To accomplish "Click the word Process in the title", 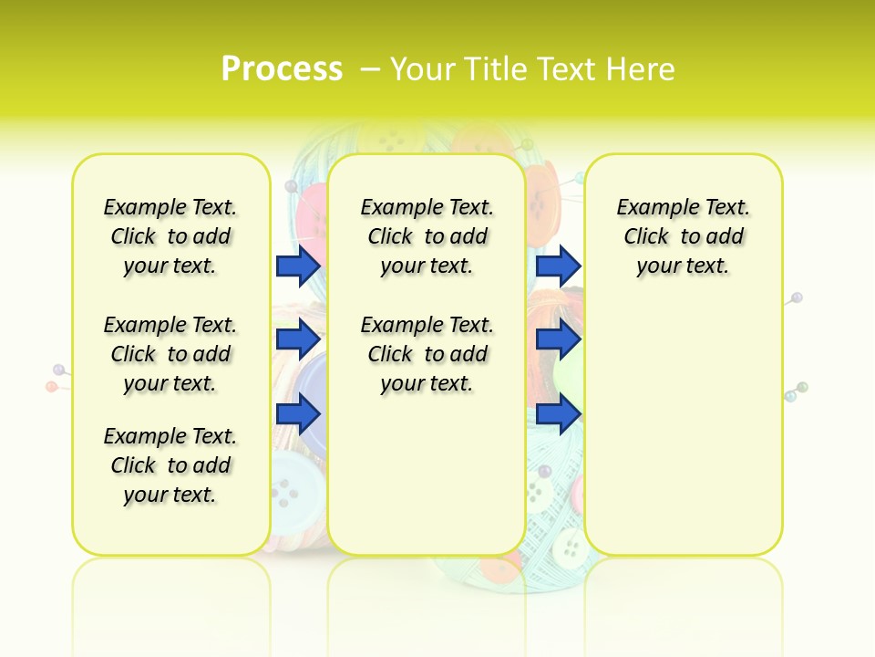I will click(x=282, y=68).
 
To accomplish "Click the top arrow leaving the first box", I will click(x=298, y=266).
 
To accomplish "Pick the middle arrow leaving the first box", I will click(x=298, y=339).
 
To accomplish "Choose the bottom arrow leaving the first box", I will click(x=298, y=414).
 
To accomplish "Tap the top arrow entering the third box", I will click(x=558, y=266).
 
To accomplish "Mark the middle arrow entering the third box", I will click(x=558, y=339).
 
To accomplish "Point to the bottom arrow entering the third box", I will click(x=558, y=414).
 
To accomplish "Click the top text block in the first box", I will click(x=170, y=236).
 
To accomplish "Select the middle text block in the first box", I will click(x=170, y=354).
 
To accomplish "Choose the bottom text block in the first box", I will click(x=170, y=465).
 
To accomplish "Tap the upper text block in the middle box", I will click(x=427, y=236).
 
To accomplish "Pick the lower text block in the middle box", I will click(x=427, y=354).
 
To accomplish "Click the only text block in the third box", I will click(x=683, y=236).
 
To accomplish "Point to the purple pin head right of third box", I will click(x=798, y=297).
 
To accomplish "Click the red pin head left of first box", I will click(x=52, y=387).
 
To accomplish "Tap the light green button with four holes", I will click(x=571, y=547).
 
